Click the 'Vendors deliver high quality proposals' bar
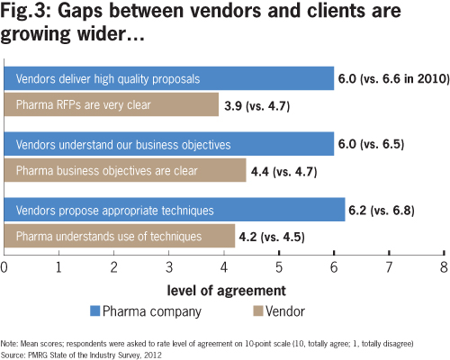pyautogui.click(x=169, y=78)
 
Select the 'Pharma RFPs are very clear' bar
pyautogui.click(x=112, y=104)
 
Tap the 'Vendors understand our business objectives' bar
pyautogui.click(x=169, y=144)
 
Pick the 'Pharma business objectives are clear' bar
pyautogui.click(x=125, y=170)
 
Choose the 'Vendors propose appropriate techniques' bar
pyautogui.click(x=175, y=210)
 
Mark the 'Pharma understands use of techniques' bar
pyautogui.click(x=120, y=236)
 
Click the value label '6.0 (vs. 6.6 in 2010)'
pyautogui.click(x=394, y=78)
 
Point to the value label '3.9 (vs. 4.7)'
pyautogui.click(x=257, y=106)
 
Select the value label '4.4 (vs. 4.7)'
pyautogui.click(x=284, y=172)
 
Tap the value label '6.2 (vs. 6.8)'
pyautogui.click(x=382, y=210)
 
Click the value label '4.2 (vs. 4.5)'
pyautogui.click(x=272, y=237)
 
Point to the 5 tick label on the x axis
pyautogui.click(x=279, y=267)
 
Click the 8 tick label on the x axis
pyautogui.click(x=444, y=267)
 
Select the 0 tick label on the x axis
pyautogui.click(x=4, y=267)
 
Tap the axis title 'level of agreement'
pyautogui.click(x=226, y=291)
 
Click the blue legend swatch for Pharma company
pyautogui.click(x=94, y=310)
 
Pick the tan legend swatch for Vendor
pyautogui.click(x=258, y=310)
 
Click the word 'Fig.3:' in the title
pyautogui.click(x=26, y=11)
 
